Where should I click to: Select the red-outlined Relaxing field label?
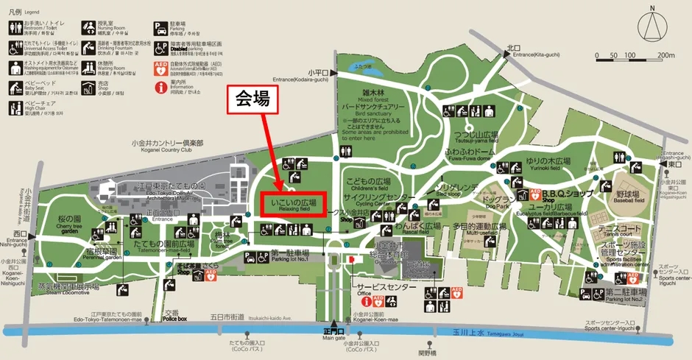[x=294, y=203]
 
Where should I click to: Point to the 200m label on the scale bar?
[x=666, y=56]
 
